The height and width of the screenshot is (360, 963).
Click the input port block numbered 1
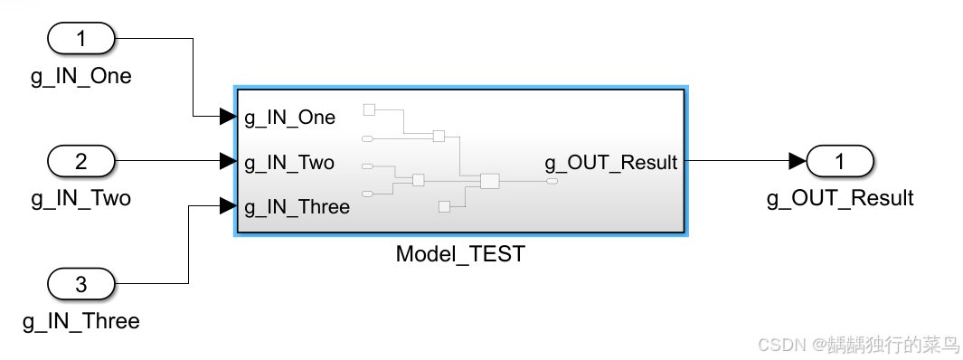[80, 39]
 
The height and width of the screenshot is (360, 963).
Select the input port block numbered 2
[80, 162]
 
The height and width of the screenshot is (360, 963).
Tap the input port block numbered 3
[80, 285]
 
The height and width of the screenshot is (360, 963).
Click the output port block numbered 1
[840, 162]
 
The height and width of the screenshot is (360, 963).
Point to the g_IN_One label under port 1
[80, 76]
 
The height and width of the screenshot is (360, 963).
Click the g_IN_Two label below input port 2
[80, 198]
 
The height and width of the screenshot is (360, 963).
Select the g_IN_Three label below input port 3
[80, 321]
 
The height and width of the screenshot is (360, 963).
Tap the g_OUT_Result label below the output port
[840, 198]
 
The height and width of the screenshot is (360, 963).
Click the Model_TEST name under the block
[459, 254]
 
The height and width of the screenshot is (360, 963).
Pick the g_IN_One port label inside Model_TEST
[289, 118]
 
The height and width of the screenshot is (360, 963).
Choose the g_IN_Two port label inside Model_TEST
[289, 163]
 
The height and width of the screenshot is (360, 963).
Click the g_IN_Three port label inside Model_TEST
[297, 207]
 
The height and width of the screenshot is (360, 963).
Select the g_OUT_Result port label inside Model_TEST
[610, 163]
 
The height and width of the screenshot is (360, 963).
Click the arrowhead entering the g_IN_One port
[227, 117]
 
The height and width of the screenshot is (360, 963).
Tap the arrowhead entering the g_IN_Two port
[227, 162]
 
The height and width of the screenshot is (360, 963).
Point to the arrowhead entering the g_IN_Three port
[227, 207]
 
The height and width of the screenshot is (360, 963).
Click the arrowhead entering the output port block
[797, 162]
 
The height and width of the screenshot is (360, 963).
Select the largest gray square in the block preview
[489, 181]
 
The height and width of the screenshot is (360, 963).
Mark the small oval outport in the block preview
[552, 182]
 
